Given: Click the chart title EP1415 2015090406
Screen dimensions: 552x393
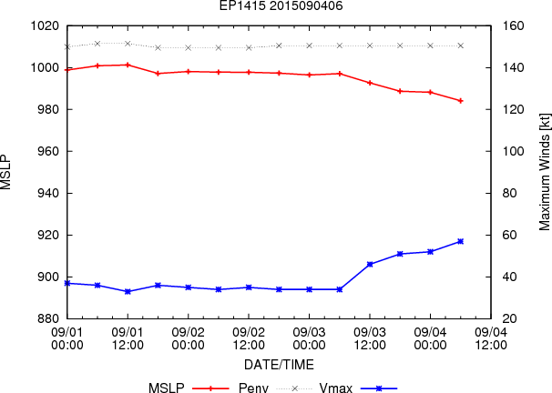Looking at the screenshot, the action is point(281,5).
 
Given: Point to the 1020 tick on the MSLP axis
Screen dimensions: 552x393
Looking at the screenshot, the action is point(45,26).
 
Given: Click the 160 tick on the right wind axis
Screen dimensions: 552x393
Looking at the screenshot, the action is point(513,26).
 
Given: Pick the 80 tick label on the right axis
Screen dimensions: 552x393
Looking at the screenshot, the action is point(509,194).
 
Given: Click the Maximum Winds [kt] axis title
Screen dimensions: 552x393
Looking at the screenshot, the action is point(544,172).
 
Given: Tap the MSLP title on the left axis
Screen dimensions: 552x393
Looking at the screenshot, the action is point(6,172).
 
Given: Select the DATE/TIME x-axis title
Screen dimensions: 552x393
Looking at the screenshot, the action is point(279,365).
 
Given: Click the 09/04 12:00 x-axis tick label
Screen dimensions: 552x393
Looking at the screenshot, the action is point(491,338).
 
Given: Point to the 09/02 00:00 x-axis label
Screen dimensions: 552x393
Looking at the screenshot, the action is point(188,338).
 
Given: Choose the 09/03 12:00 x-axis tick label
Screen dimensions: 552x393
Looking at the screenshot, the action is point(370,338).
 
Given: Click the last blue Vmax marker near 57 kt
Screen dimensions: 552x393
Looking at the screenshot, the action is point(461,241).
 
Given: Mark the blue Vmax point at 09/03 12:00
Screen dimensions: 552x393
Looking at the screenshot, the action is point(370,265).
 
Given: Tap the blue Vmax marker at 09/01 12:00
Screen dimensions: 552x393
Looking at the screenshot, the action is point(128,291).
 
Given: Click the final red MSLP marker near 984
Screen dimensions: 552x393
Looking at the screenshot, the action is point(461,101).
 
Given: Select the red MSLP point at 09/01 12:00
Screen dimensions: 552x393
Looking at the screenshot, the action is point(128,65).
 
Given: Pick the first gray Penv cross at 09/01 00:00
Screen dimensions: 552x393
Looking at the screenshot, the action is point(67,46).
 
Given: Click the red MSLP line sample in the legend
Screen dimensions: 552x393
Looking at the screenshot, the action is point(210,388).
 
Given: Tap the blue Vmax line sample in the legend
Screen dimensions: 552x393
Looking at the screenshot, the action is point(379,388).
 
